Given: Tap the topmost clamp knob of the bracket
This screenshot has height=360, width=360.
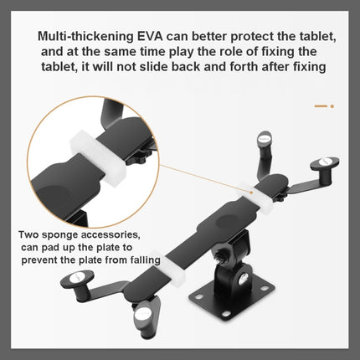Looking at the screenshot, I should (x=265, y=139).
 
